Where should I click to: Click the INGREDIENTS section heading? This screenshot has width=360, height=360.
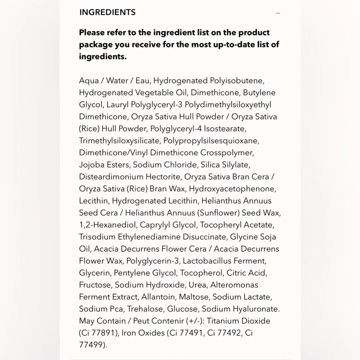107,12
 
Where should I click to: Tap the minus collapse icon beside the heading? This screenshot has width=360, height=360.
278,13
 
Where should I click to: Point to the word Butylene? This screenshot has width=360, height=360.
259,93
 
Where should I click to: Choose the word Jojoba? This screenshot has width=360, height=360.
91,165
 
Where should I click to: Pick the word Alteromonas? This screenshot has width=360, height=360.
235,285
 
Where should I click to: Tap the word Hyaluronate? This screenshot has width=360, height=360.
256,309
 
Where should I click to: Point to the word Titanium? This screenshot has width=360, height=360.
222,321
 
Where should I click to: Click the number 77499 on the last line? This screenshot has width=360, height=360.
92,345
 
